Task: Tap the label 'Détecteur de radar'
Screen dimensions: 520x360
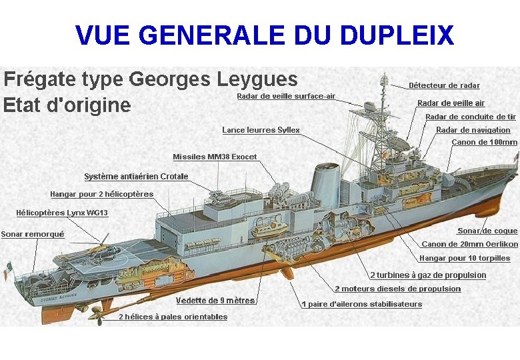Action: [x=444, y=85]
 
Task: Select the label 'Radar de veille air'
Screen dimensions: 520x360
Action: [x=451, y=103]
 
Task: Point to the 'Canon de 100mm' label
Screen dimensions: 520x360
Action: [x=484, y=142]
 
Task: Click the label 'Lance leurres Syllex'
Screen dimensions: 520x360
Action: [x=261, y=130]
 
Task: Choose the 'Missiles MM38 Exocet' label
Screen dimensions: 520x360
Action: [x=215, y=157]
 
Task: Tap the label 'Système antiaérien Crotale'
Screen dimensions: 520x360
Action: [x=136, y=177]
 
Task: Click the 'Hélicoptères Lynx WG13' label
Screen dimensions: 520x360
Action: [x=62, y=213]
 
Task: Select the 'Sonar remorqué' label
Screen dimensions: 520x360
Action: [x=33, y=234]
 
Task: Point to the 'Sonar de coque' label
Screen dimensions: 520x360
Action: [x=487, y=231]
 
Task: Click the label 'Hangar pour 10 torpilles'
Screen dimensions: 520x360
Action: [x=465, y=258]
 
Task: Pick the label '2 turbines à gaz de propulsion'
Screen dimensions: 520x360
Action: [x=428, y=275]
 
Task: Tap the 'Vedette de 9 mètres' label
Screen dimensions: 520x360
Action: [x=215, y=301]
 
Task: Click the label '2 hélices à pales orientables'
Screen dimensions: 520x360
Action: [x=173, y=317]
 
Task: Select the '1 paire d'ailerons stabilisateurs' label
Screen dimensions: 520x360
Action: [x=361, y=304]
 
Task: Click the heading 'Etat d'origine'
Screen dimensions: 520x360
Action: [x=67, y=105]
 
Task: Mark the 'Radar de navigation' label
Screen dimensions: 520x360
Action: [x=473, y=130]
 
